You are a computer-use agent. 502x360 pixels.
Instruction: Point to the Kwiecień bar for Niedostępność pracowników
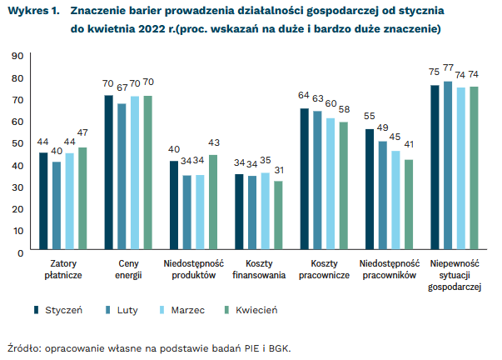coord(408,203)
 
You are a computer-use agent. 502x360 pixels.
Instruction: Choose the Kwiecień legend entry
coord(249,310)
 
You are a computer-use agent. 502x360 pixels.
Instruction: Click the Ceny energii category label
coord(127,269)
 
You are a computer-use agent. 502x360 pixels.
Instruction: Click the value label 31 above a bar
coord(277,170)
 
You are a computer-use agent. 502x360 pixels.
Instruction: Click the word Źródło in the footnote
coord(24,347)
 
